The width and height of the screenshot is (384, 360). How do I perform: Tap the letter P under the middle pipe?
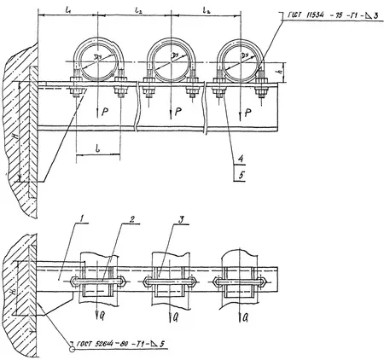coord(175,111)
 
